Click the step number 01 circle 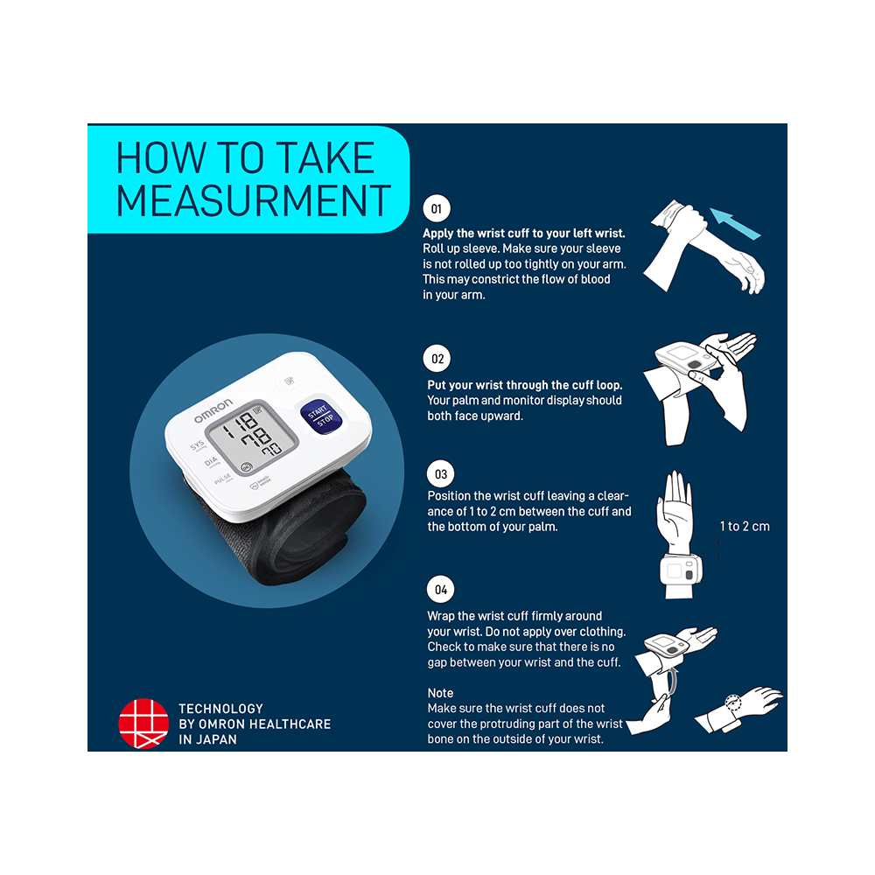436,209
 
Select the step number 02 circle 437,359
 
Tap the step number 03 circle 440,475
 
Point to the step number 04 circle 441,589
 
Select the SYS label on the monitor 198,445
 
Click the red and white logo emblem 143,724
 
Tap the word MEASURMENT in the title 254,199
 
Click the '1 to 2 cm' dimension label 745,526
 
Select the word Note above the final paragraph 440,693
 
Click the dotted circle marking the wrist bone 732,703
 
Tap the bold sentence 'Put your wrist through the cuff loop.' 524,385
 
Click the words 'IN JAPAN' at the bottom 207,739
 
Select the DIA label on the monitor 211,462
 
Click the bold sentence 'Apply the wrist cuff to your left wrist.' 523,234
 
